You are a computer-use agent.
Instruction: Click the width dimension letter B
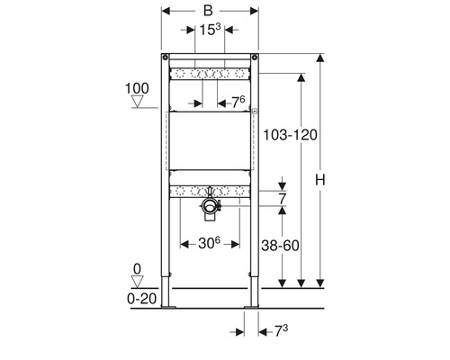pos(208,11)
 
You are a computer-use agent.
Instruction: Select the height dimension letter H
pos(320,180)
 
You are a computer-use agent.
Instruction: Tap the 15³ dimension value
pos(210,30)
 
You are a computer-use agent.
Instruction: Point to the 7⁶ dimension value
pos(238,103)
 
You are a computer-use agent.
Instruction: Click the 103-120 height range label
pos(290,135)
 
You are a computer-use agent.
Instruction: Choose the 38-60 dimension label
pos(280,246)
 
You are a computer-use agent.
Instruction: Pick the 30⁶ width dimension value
pos(209,243)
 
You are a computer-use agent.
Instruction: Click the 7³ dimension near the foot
pos(281,331)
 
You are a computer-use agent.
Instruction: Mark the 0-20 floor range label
pos(142,299)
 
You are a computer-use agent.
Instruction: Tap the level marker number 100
pos(137,88)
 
